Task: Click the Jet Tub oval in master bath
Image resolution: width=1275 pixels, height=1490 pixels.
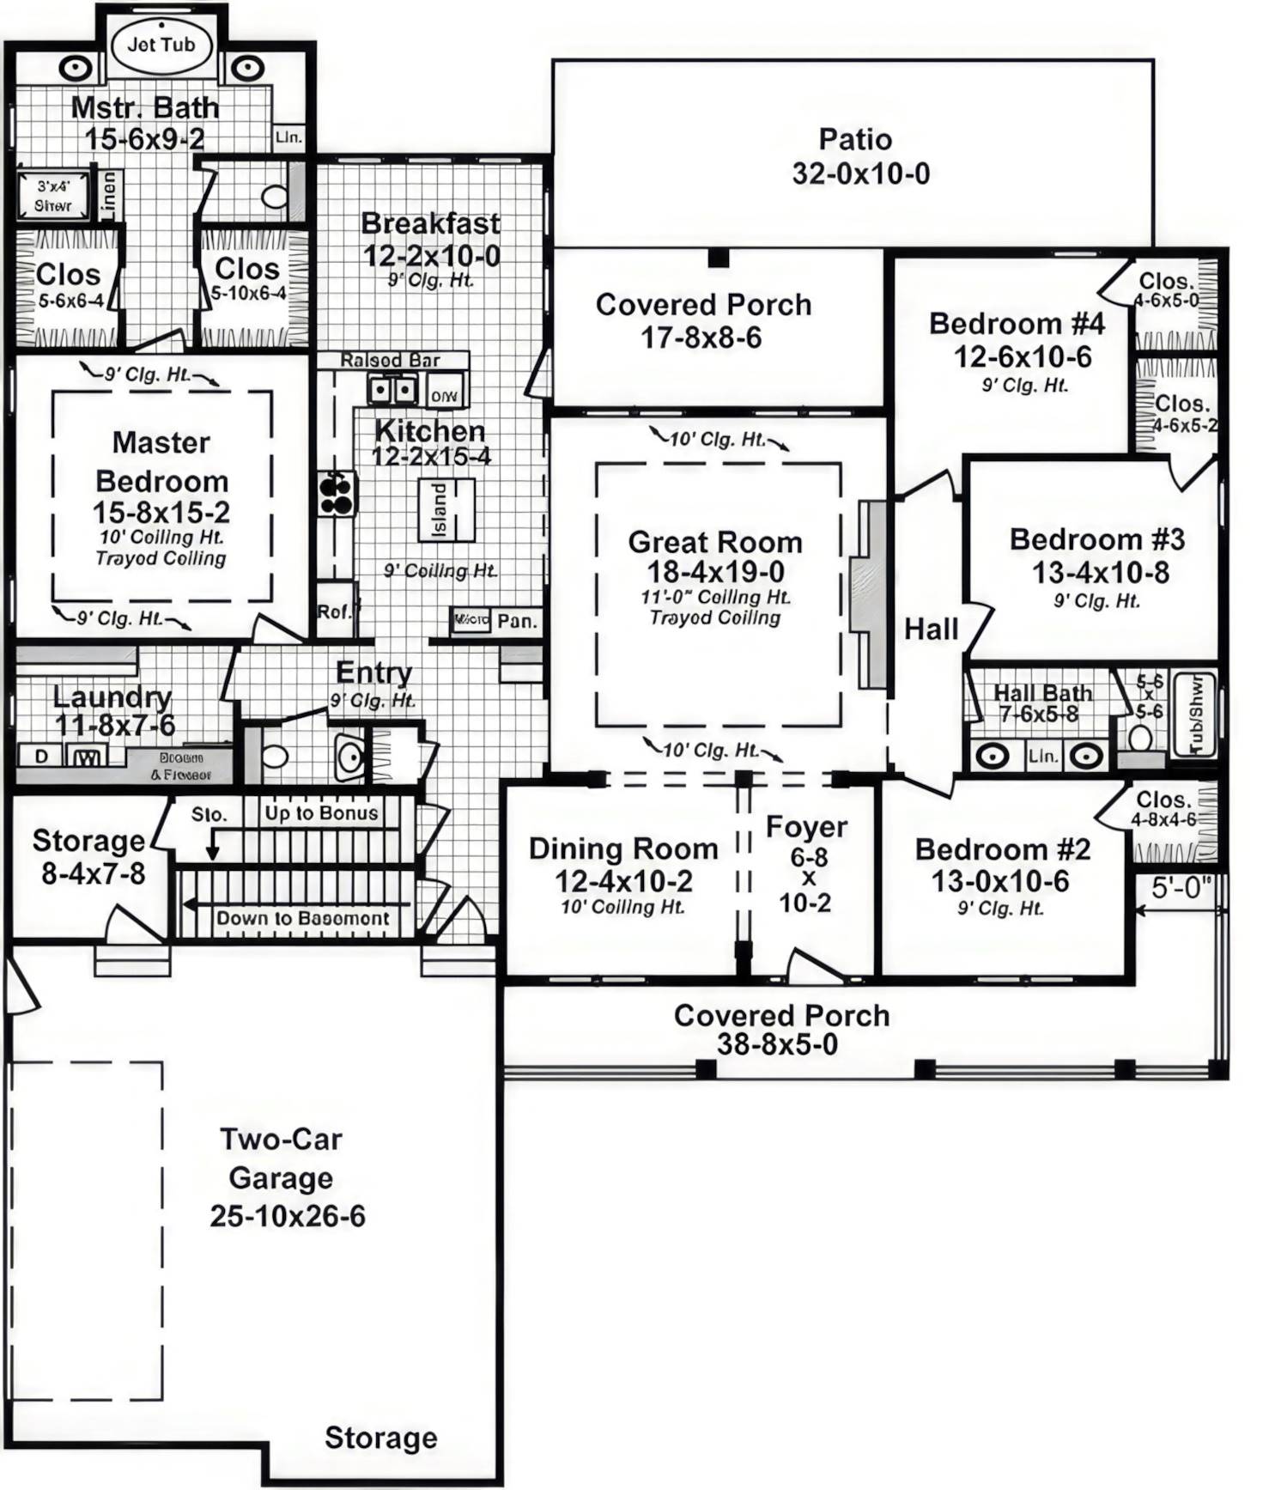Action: (161, 46)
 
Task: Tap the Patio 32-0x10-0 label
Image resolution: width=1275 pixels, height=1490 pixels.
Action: (859, 156)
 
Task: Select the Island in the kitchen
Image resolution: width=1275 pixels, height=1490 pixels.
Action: (446, 509)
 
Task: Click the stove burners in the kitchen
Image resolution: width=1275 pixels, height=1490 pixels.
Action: (337, 493)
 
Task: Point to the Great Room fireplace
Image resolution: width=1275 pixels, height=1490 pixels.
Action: (869, 594)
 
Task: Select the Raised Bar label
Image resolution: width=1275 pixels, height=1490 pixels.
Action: (391, 360)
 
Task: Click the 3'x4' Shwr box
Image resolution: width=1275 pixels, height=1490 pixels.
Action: (53, 196)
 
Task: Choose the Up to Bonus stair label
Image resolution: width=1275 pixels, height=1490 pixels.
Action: (321, 813)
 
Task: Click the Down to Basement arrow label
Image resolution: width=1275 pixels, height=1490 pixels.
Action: (301, 918)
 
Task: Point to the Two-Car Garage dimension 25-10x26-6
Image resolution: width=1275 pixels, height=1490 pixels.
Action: (288, 1216)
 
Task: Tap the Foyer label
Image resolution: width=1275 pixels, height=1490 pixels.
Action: (806, 827)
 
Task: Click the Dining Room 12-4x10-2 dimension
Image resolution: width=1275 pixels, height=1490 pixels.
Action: (623, 881)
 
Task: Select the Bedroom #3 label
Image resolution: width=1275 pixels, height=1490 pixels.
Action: (1096, 539)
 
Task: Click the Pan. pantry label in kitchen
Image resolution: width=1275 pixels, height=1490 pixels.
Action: (517, 621)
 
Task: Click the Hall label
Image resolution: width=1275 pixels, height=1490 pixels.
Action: (931, 629)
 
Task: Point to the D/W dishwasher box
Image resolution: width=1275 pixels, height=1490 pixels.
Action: (445, 396)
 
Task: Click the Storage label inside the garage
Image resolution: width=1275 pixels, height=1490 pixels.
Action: (380, 1438)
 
